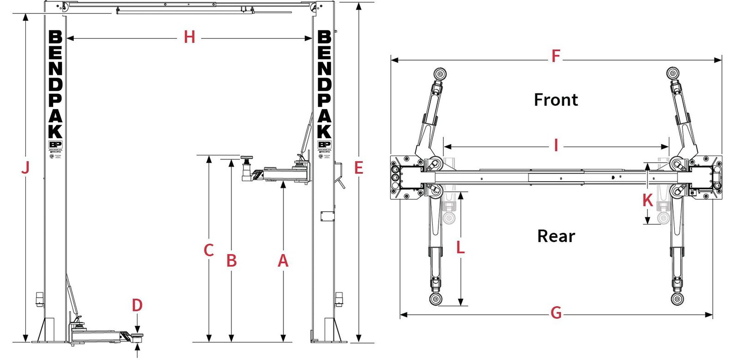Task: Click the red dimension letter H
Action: tap(189, 37)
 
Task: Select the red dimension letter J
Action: tap(25, 167)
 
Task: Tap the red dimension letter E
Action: tap(358, 168)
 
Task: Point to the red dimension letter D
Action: tap(137, 305)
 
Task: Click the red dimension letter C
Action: tap(209, 250)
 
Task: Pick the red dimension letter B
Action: tap(231, 261)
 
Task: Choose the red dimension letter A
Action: tap(283, 261)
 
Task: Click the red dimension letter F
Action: tap(556, 57)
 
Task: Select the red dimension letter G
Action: tap(556, 313)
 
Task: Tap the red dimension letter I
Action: tap(556, 146)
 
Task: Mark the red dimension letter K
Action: tap(648, 201)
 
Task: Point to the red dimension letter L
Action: tap(460, 248)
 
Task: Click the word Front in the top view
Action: tap(556, 100)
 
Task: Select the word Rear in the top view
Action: tap(556, 236)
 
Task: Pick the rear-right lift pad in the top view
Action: tap(678, 299)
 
